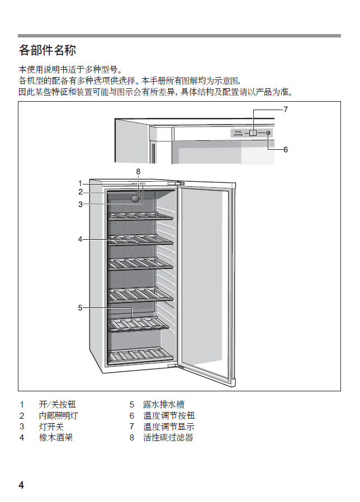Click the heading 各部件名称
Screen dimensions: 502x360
coord(47,50)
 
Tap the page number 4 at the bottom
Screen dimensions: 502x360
coord(21,485)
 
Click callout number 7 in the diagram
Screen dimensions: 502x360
coord(285,109)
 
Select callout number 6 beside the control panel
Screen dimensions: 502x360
coord(285,149)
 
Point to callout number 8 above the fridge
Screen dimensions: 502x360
coord(138,171)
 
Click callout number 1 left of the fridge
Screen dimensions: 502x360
coord(80,183)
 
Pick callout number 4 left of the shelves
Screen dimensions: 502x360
coord(80,239)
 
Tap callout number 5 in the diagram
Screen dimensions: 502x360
coord(80,307)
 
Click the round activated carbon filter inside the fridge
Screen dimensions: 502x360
coord(136,198)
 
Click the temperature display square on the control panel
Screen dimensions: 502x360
coord(253,133)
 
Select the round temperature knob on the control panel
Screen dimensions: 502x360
coord(268,133)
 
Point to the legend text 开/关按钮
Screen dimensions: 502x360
coord(57,404)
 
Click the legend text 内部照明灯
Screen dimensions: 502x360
coord(58,415)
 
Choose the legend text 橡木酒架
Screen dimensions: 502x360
coord(56,437)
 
